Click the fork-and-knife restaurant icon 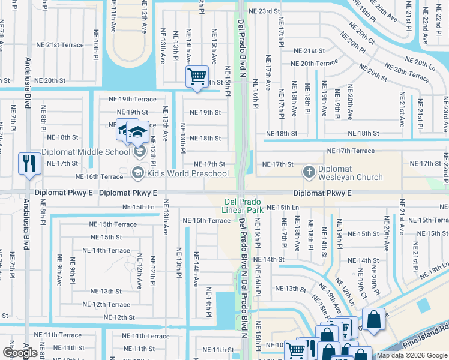(x=29, y=163)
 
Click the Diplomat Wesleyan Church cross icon (x=309, y=173)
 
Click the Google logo (x=20, y=353)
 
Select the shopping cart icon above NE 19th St (x=196, y=77)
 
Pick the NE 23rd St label (x=265, y=11)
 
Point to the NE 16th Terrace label (x=98, y=177)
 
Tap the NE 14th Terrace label (x=106, y=250)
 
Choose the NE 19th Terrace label (x=132, y=99)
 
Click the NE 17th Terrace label (x=351, y=151)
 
